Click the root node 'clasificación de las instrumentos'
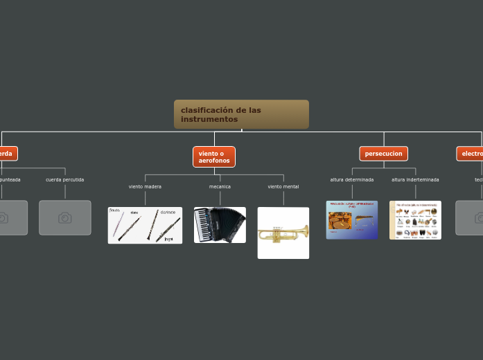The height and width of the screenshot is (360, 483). point(241,114)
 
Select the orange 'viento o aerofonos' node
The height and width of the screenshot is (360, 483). point(213,156)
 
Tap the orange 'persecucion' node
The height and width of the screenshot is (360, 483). point(383,154)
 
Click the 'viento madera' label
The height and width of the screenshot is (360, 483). point(145,187)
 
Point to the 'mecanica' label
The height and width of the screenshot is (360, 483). point(220,187)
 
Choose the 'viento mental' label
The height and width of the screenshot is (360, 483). point(283,187)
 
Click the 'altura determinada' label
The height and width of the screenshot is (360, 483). point(351,180)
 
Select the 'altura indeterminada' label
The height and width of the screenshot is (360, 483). point(415,180)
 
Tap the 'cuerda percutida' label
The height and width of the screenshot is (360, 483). point(65,180)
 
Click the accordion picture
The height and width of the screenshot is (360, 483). point(220,225)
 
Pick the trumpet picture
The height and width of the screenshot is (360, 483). point(283,233)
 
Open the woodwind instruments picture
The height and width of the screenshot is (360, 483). point(145,225)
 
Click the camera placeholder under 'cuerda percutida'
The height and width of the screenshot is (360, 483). point(65,217)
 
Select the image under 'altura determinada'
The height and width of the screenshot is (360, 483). point(351,220)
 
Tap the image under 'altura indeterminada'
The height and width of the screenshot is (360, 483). point(415,220)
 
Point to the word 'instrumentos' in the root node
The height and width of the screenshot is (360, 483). point(209,119)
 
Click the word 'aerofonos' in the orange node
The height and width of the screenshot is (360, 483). point(213,161)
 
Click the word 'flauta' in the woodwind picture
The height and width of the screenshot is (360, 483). point(115,210)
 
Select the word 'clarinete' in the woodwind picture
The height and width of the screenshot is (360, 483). point(168,212)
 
